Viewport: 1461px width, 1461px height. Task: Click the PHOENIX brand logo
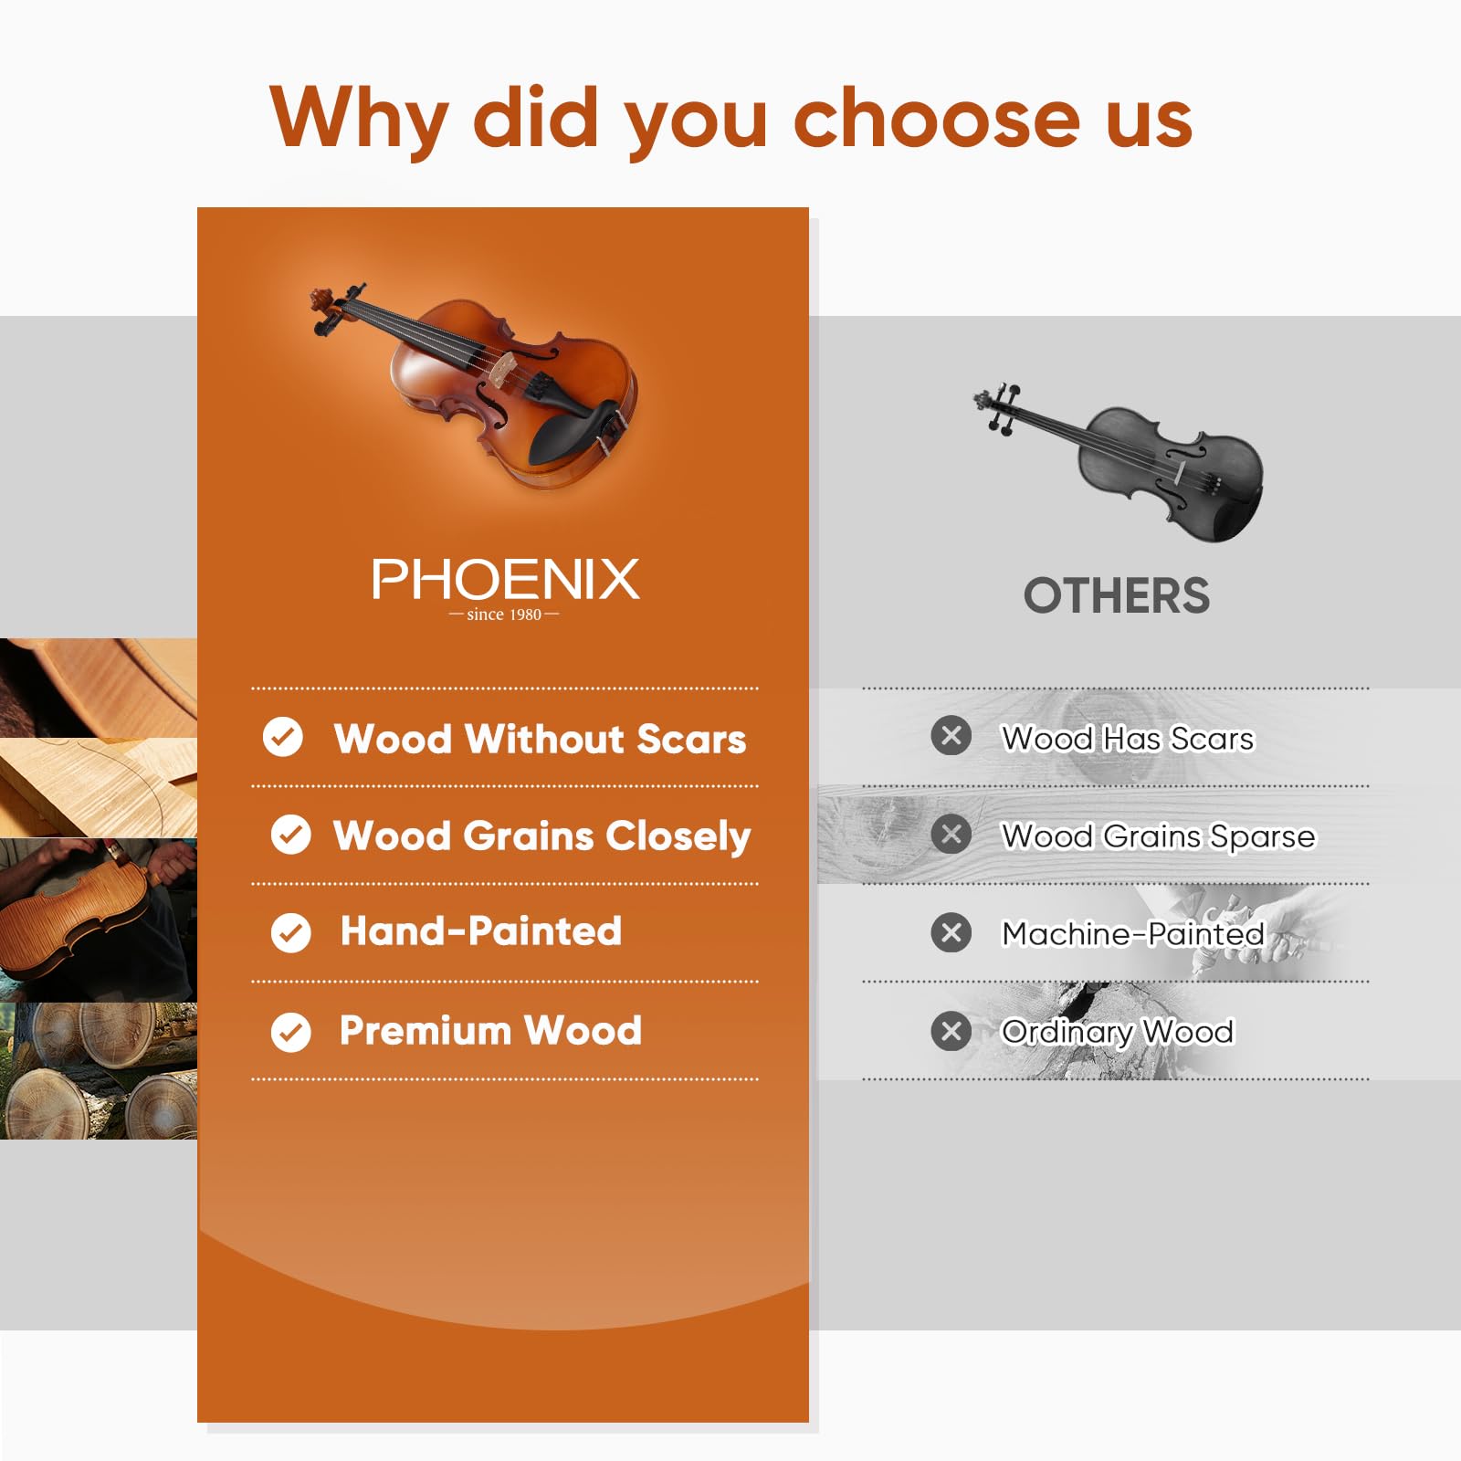(x=505, y=580)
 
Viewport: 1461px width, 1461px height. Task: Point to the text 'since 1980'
(x=504, y=615)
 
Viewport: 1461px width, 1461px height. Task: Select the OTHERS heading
(x=1116, y=596)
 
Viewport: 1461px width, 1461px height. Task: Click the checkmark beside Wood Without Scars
(x=283, y=737)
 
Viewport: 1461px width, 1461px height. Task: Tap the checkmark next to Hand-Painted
(x=291, y=933)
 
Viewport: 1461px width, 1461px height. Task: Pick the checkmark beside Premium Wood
(x=291, y=1032)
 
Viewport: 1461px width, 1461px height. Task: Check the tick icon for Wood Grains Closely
(x=291, y=835)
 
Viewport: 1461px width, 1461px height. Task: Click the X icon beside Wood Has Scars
(x=951, y=736)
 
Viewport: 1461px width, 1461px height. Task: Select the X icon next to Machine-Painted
(x=951, y=933)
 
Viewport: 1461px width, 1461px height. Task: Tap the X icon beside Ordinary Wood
(x=951, y=1032)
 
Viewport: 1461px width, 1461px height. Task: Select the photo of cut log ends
(x=98, y=1070)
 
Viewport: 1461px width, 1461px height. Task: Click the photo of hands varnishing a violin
(x=98, y=920)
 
